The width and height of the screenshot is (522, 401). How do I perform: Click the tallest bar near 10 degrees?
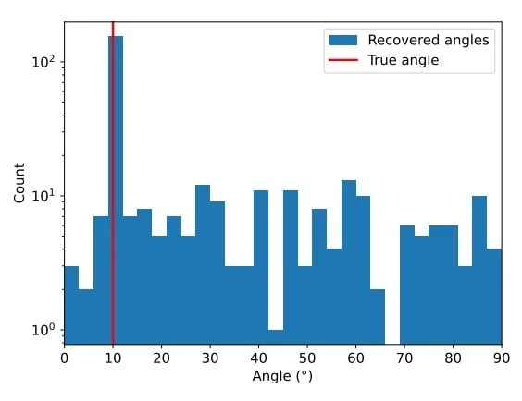tap(116, 189)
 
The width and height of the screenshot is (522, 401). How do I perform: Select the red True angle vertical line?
tap(113, 183)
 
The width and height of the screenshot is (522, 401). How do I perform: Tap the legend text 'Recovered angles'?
tap(429, 41)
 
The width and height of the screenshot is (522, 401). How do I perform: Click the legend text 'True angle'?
tap(404, 60)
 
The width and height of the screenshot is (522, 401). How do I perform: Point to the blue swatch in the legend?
tap(343, 41)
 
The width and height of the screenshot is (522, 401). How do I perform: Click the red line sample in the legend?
tap(343, 60)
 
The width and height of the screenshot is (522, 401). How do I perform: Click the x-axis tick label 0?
tap(64, 358)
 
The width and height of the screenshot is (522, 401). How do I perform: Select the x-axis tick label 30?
tap(210, 358)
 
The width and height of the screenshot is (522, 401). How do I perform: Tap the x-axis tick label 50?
tap(307, 358)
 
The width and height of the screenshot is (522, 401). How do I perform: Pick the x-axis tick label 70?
tap(404, 358)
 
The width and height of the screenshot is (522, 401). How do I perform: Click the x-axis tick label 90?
tap(502, 358)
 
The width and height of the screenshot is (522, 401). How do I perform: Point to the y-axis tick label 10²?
tap(45, 61)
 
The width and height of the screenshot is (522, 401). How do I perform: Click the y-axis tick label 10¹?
tap(45, 195)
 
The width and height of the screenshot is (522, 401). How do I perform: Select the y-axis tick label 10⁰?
tap(45, 330)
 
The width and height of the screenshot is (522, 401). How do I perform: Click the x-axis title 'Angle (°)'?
tap(282, 376)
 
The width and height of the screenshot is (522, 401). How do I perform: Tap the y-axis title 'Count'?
tap(19, 183)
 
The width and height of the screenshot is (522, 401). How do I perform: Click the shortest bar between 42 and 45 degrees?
tap(276, 337)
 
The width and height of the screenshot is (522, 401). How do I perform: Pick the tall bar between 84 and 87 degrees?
tap(479, 270)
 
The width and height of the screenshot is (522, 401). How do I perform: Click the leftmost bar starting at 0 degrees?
tap(71, 305)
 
